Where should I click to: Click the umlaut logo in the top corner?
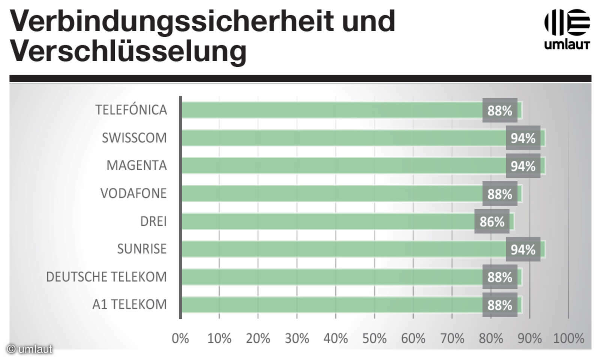click(x=567, y=29)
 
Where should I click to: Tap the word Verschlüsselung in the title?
click(x=128, y=51)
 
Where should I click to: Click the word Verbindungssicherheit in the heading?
click(x=171, y=21)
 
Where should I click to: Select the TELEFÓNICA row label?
click(x=131, y=110)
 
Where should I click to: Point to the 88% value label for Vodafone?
click(x=499, y=194)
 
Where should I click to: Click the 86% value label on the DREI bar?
click(x=492, y=222)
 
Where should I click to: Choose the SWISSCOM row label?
click(x=134, y=138)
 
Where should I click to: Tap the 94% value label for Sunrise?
click(x=523, y=249)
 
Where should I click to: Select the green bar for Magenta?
click(x=337, y=166)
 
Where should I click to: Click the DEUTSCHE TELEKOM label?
click(x=106, y=277)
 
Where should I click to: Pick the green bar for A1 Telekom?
click(x=330, y=305)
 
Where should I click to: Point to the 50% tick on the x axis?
click(x=374, y=338)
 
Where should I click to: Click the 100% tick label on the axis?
click(x=568, y=338)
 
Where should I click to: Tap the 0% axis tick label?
click(x=180, y=338)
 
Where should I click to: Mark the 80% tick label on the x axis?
click(x=490, y=338)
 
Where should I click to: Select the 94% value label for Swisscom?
click(x=523, y=138)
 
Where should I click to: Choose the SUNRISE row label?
click(x=142, y=249)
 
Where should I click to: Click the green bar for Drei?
click(x=326, y=222)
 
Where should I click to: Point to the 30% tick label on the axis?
click(x=297, y=338)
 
